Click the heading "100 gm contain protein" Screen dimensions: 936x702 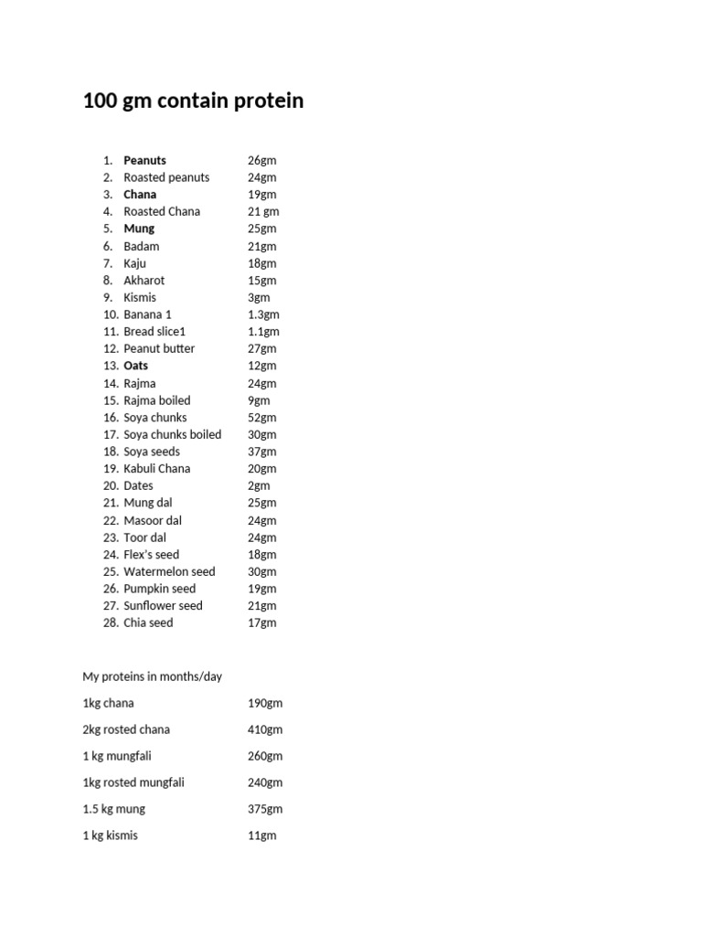pyautogui.click(x=193, y=101)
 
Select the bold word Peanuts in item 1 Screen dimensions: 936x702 pyautogui.click(x=144, y=160)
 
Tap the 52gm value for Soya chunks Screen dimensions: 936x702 pyautogui.click(x=261, y=418)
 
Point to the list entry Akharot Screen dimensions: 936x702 pyautogui.click(x=144, y=281)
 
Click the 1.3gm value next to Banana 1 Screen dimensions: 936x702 pyautogui.click(x=263, y=314)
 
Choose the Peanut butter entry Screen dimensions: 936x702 pyautogui.click(x=159, y=348)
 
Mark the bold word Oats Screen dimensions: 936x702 pyautogui.click(x=135, y=366)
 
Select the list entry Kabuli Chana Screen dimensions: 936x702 pyautogui.click(x=157, y=469)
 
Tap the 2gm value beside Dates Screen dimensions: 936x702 pyautogui.click(x=259, y=486)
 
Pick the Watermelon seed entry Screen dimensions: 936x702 pyautogui.click(x=169, y=572)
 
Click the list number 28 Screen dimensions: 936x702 pyautogui.click(x=111, y=623)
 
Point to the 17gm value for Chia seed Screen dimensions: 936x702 pyautogui.click(x=261, y=623)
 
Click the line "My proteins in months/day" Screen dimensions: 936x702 pyautogui.click(x=153, y=677)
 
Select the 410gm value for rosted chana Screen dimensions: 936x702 pyautogui.click(x=265, y=730)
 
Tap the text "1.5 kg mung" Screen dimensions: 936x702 pyautogui.click(x=113, y=809)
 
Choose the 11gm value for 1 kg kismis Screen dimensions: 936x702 pyautogui.click(x=261, y=835)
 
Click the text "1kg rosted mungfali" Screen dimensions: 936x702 pyautogui.click(x=133, y=782)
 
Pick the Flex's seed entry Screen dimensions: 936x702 pyautogui.click(x=152, y=555)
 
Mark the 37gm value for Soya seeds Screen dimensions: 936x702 pyautogui.click(x=261, y=452)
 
